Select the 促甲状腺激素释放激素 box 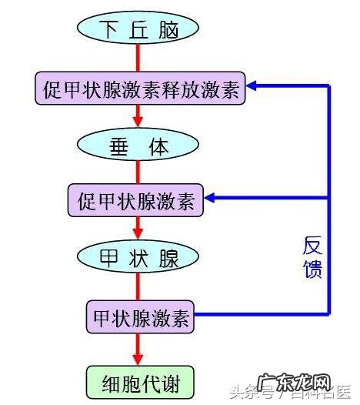139,90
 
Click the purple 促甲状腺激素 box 135,202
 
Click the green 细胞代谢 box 138,380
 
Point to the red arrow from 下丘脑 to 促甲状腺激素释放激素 138,59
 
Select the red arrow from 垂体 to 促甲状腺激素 138,173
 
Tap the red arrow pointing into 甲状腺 138,228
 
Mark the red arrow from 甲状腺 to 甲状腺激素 138,286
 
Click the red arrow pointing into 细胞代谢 138,349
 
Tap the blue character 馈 312,269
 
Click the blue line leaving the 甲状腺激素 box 262,315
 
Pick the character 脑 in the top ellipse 168,28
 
